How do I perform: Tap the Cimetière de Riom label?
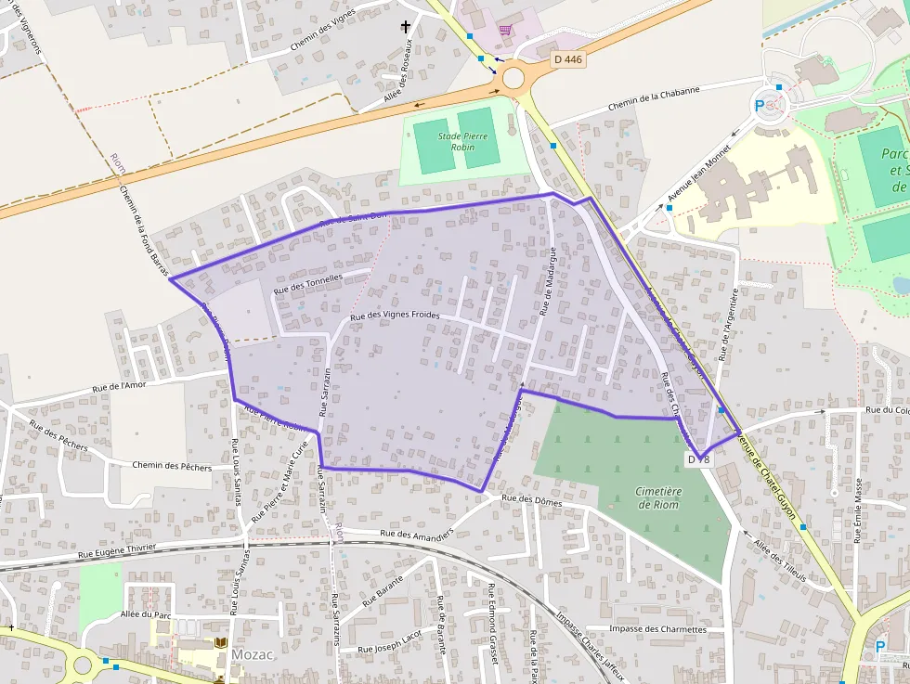(x=659, y=498)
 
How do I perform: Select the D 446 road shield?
(x=567, y=59)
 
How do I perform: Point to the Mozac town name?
(x=253, y=654)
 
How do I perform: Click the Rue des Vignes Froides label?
(x=395, y=316)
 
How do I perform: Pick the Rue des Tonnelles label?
(x=308, y=283)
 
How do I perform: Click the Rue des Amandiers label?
(x=417, y=534)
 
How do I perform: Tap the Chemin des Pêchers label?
(x=172, y=466)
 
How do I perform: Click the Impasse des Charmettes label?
(x=657, y=629)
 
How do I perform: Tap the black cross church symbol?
(x=405, y=28)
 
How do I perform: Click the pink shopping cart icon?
(x=504, y=30)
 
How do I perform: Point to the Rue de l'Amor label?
(x=119, y=386)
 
